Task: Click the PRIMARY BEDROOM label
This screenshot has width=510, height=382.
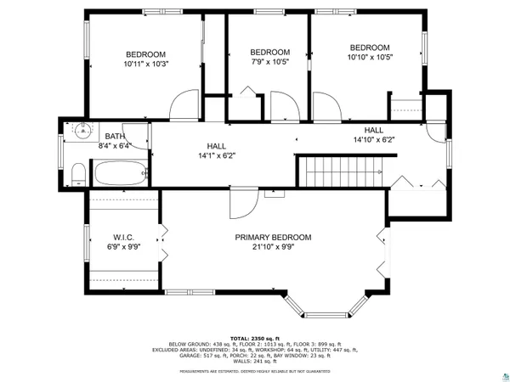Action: click(273, 237)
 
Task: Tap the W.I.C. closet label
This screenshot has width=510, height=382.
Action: click(124, 237)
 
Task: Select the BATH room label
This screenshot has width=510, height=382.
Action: click(114, 137)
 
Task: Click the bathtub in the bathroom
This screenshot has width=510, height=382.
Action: click(120, 175)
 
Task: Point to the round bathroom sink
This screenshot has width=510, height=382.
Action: click(82, 132)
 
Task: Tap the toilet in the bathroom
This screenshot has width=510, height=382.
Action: click(78, 174)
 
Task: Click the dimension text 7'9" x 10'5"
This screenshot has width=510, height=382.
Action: click(270, 61)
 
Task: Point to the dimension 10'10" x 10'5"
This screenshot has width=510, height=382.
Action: click(370, 58)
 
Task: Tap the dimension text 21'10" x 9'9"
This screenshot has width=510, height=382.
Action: click(273, 248)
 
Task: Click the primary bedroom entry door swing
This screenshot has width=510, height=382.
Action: click(243, 204)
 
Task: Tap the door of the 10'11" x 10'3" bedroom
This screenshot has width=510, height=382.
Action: click(184, 107)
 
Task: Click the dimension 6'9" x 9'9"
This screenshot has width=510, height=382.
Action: click(124, 247)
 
